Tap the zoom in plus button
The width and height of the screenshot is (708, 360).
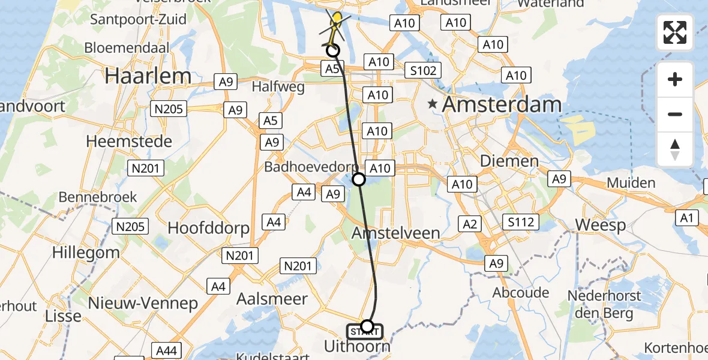(x=675, y=79)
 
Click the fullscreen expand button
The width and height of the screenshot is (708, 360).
(x=675, y=32)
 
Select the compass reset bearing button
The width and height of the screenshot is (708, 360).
(x=675, y=149)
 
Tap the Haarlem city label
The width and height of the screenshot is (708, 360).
(x=148, y=76)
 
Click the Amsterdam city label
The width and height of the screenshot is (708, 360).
(x=502, y=104)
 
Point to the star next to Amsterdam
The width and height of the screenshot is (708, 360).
(x=432, y=104)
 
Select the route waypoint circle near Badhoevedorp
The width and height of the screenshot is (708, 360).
(x=358, y=179)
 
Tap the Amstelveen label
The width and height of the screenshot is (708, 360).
(x=395, y=232)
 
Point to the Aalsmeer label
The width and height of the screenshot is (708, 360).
(x=272, y=299)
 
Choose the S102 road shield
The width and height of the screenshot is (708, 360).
(x=422, y=70)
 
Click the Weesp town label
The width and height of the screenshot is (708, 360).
(x=600, y=226)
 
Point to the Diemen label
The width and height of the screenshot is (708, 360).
(x=509, y=161)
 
